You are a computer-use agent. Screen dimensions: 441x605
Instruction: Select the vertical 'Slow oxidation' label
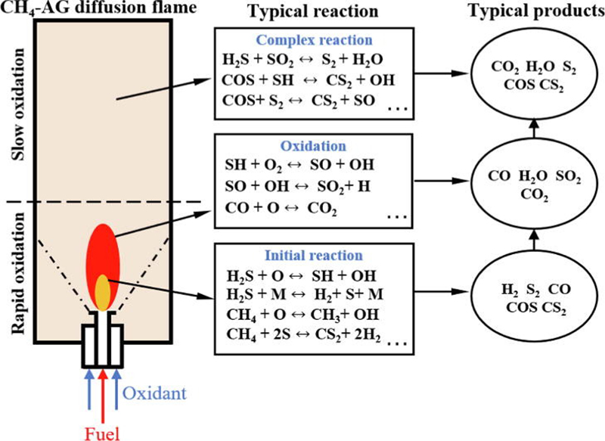click(x=21, y=110)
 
